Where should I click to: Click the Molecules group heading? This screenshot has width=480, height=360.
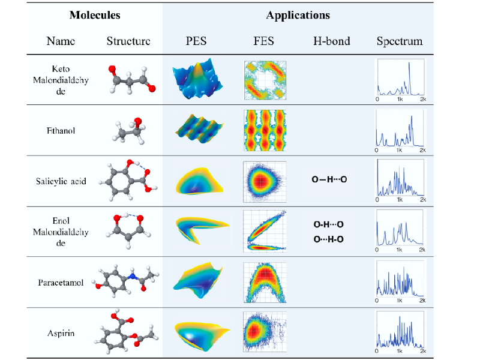(94, 15)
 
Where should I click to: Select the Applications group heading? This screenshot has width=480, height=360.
(298, 15)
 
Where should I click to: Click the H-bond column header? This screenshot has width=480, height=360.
(331, 41)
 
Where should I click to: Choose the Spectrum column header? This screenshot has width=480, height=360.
(400, 41)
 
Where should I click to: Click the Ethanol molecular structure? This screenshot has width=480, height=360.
(130, 130)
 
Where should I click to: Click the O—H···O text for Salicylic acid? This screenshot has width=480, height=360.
(329, 179)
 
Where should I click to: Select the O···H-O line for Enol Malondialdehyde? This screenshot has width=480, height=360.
(329, 239)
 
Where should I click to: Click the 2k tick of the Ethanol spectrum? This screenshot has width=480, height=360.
(422, 150)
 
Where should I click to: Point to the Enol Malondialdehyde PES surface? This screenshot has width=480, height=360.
(196, 230)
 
